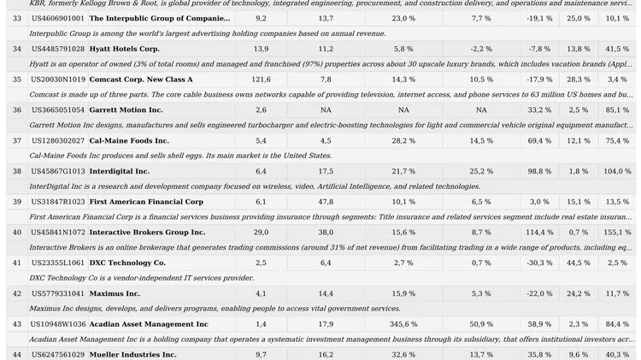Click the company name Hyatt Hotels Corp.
coord(124,49)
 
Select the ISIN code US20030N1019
coord(58,80)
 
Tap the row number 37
coord(17,141)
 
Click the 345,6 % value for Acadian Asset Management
coord(403,324)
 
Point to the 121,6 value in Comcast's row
coord(261,80)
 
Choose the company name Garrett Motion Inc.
coord(126,110)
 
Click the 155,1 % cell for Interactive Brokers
coord(617,233)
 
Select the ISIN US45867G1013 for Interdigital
coord(58,171)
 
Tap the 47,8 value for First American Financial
coord(326,202)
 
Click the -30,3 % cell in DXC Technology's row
coord(539,263)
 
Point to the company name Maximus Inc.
coord(115,293)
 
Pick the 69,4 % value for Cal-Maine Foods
coord(539,141)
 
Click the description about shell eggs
coord(180,156)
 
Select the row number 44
coord(17,355)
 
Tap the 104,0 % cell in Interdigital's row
coord(617,171)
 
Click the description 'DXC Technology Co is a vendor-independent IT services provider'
coord(141,278)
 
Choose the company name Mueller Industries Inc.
coord(132,355)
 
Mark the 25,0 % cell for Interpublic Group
coord(579,19)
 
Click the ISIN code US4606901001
coord(58,19)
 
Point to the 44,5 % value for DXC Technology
coord(579,263)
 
